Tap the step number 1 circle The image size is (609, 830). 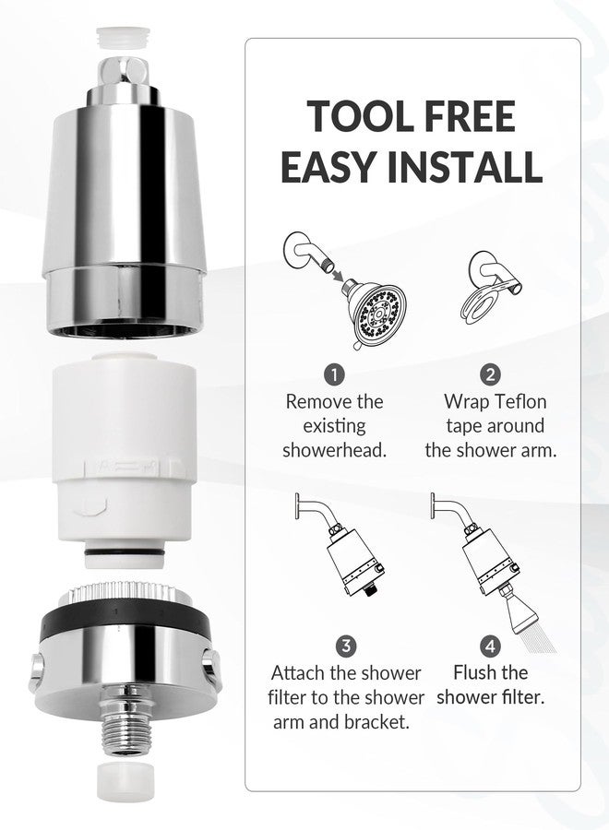click(x=334, y=374)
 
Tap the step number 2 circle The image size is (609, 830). click(x=490, y=374)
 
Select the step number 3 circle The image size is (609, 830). click(x=346, y=646)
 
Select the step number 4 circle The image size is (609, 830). click(x=490, y=646)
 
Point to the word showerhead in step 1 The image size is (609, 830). click(x=334, y=450)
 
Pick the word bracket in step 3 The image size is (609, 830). click(x=376, y=722)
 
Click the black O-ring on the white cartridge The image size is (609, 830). click(x=125, y=552)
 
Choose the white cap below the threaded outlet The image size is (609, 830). click(x=124, y=782)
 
